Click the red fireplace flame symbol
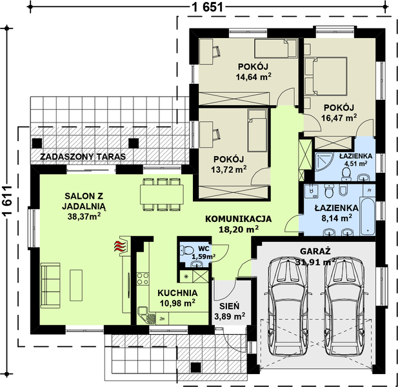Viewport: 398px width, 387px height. (118, 246)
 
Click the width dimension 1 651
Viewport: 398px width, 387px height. (208, 8)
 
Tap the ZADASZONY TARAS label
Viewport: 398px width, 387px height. (82, 157)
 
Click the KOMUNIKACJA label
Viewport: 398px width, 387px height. (239, 218)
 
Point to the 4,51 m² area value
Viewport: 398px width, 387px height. (353, 164)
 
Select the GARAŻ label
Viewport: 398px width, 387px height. (315, 251)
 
